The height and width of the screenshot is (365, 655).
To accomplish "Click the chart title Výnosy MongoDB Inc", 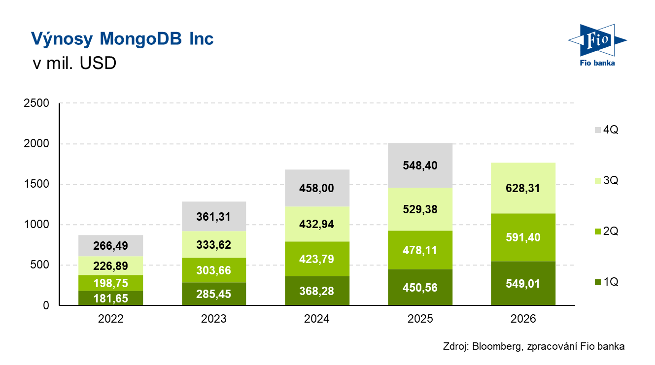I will click(x=122, y=39).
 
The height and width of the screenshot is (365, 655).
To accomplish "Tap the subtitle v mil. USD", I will click(x=73, y=64).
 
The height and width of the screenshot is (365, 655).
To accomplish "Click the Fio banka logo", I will click(x=596, y=45).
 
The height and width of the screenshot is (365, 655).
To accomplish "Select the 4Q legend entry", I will click(x=606, y=130).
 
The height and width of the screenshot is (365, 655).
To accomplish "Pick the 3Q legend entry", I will click(x=606, y=181).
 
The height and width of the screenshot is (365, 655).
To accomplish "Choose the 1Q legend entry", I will click(x=606, y=282).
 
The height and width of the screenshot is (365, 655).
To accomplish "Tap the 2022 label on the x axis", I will click(x=110, y=319).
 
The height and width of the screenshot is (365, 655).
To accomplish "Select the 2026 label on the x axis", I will click(x=523, y=319).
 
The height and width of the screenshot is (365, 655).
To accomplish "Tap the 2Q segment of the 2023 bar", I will click(x=214, y=270).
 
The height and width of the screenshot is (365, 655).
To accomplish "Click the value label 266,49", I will click(x=110, y=245).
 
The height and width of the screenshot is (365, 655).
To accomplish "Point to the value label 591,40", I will click(x=523, y=238).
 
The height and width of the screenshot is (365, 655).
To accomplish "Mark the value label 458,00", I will click(x=316, y=188).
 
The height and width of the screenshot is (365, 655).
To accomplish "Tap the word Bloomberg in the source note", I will click(x=495, y=346).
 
